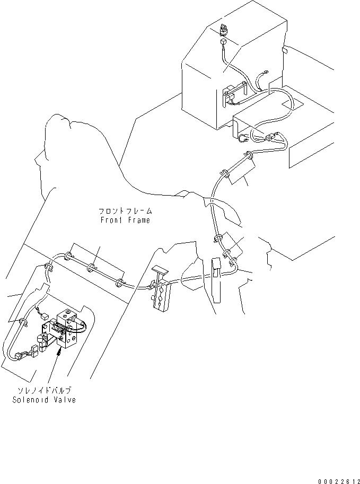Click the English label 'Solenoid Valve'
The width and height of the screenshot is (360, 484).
(x=43, y=399)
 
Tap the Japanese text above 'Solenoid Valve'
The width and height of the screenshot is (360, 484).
(x=45, y=390)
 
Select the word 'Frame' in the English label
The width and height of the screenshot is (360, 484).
(x=137, y=219)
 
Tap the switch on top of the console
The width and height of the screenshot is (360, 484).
(x=222, y=29)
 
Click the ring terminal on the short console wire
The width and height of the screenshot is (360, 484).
(x=264, y=75)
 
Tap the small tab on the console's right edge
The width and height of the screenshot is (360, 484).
(x=285, y=51)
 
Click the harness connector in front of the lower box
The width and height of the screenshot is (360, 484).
(x=272, y=138)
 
